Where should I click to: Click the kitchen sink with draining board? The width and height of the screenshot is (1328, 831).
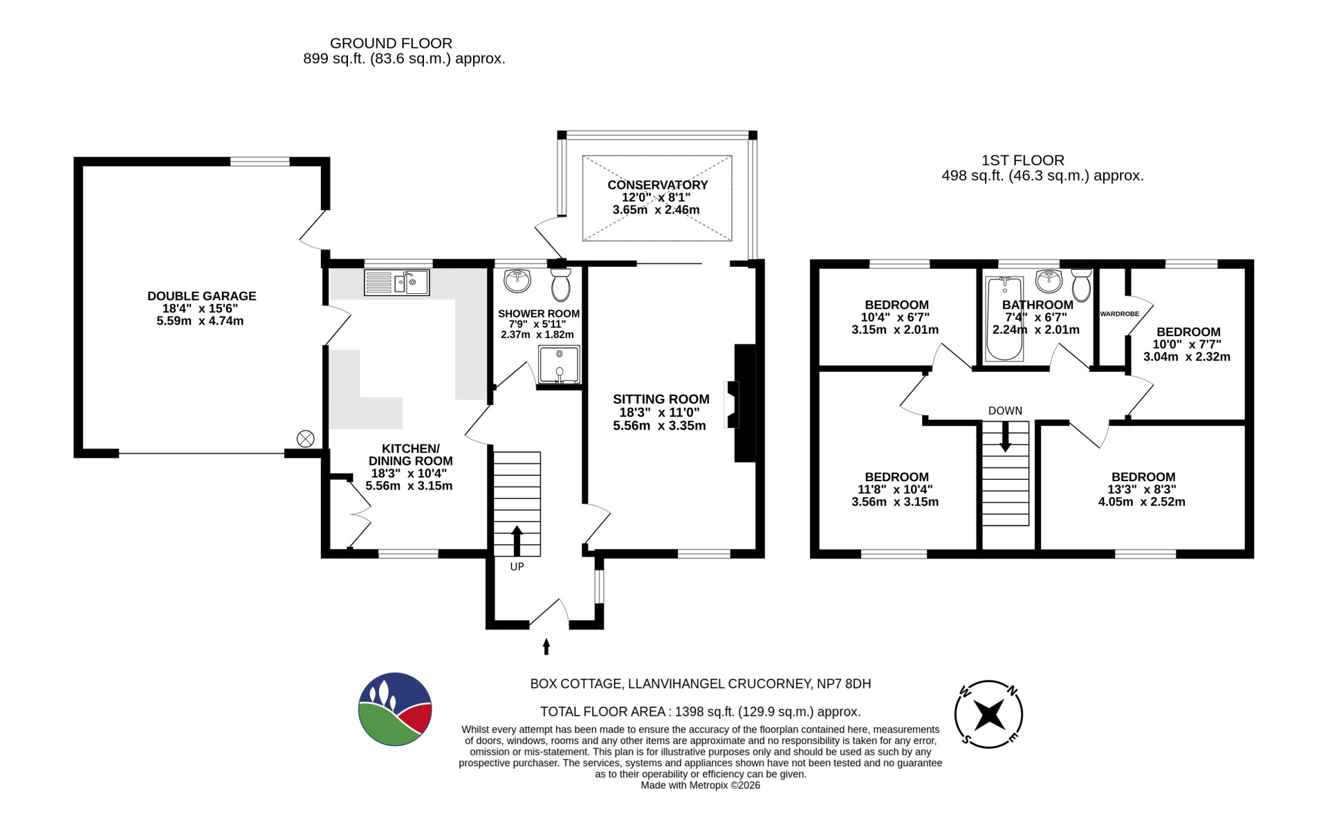coord(396,283)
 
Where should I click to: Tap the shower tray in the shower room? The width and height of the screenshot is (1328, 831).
coord(559,364)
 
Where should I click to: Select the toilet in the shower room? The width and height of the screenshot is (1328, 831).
coord(561,283)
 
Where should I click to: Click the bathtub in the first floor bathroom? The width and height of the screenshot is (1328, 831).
coord(1004,319)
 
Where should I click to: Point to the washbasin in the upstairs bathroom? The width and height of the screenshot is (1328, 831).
coord(1049,281)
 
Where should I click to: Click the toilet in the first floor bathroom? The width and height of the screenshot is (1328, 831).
coord(1081,284)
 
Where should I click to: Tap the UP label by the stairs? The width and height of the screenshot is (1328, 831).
coord(517,567)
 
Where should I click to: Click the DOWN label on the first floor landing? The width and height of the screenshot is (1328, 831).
coord(1005,411)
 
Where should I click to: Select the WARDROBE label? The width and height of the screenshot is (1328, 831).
coord(1119,314)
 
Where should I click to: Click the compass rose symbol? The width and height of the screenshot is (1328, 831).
coord(988,714)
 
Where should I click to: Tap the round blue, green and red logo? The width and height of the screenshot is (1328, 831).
coord(396,709)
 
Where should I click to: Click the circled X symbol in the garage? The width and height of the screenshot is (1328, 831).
coord(306,438)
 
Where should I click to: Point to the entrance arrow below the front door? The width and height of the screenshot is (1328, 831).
coord(546,646)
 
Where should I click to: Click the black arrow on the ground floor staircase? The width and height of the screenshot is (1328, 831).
coord(517,540)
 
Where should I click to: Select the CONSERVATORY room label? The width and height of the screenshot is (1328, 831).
coord(658,185)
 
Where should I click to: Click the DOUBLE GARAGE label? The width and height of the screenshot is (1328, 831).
coord(202,296)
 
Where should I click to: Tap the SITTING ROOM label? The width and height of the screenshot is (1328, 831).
coord(661,399)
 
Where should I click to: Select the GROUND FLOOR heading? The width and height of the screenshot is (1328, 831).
coord(391,44)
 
